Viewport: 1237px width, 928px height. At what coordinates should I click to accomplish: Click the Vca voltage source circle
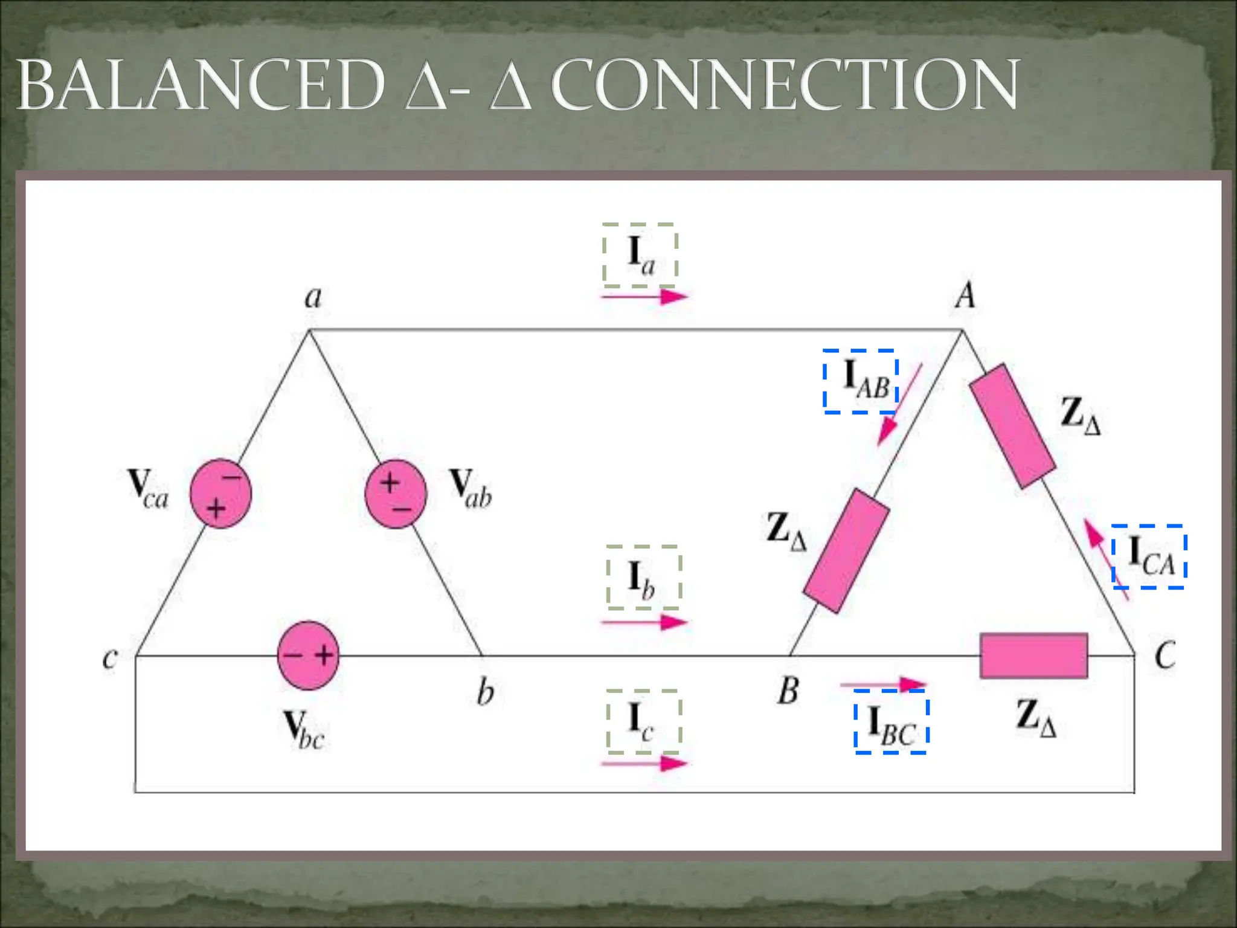(220, 494)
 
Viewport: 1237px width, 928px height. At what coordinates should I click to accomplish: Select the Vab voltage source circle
(396, 494)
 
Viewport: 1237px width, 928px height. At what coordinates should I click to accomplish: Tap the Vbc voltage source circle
(308, 656)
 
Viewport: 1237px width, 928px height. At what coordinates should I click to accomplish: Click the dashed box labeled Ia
(640, 255)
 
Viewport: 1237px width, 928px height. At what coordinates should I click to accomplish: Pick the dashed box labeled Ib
(644, 578)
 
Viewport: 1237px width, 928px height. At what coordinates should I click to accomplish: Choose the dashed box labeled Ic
(644, 721)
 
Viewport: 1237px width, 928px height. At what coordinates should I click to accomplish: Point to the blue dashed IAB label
(861, 381)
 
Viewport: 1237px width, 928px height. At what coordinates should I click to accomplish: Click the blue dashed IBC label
(891, 721)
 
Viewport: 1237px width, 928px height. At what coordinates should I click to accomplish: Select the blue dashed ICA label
(1149, 556)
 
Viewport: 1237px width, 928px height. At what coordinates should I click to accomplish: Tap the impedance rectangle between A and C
(1012, 426)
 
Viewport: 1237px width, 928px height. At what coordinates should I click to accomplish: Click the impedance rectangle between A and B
(846, 551)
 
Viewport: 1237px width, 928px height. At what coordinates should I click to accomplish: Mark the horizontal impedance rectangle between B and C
(1033, 656)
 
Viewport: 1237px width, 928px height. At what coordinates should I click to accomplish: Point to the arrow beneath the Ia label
(644, 296)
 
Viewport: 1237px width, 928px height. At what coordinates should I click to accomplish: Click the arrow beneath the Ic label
(644, 764)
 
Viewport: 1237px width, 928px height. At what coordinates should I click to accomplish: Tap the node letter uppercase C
(1165, 656)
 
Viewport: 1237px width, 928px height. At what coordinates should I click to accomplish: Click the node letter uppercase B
(788, 690)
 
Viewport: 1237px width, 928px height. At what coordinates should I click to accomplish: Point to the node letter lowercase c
(109, 657)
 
